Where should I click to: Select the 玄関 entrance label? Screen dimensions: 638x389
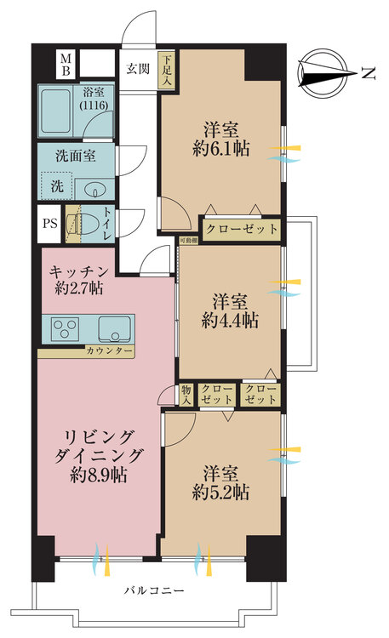click(x=139, y=69)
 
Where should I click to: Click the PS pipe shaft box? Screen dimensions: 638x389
click(x=50, y=225)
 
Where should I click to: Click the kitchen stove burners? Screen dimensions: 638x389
click(x=64, y=328)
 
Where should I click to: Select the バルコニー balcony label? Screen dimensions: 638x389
click(x=154, y=590)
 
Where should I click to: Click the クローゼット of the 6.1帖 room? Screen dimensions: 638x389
click(x=242, y=229)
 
